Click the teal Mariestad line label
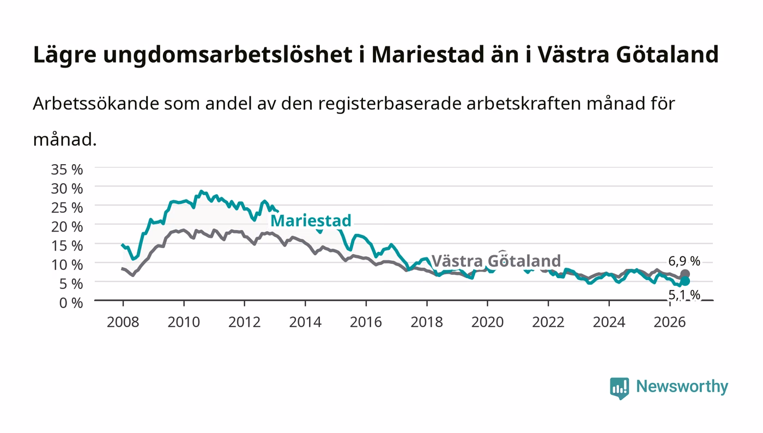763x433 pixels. (311, 221)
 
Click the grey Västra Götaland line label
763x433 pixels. (496, 261)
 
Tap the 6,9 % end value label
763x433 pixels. (684, 262)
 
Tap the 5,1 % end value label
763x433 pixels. (684, 294)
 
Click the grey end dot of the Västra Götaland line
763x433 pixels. (685, 274)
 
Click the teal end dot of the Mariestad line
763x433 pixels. (685, 281)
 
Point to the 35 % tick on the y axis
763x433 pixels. (66, 170)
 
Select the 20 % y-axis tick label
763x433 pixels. (66, 227)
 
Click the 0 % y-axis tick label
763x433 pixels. (71, 303)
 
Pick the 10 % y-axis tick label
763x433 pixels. (66, 265)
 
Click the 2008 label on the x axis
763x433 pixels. (123, 322)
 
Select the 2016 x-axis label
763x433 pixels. (366, 322)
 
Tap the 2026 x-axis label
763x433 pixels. (670, 322)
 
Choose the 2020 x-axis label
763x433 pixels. (487, 322)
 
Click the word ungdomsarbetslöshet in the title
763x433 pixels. (228, 55)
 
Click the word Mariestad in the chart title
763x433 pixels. (427, 55)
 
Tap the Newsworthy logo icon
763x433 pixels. (619, 388)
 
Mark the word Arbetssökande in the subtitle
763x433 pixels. (96, 103)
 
